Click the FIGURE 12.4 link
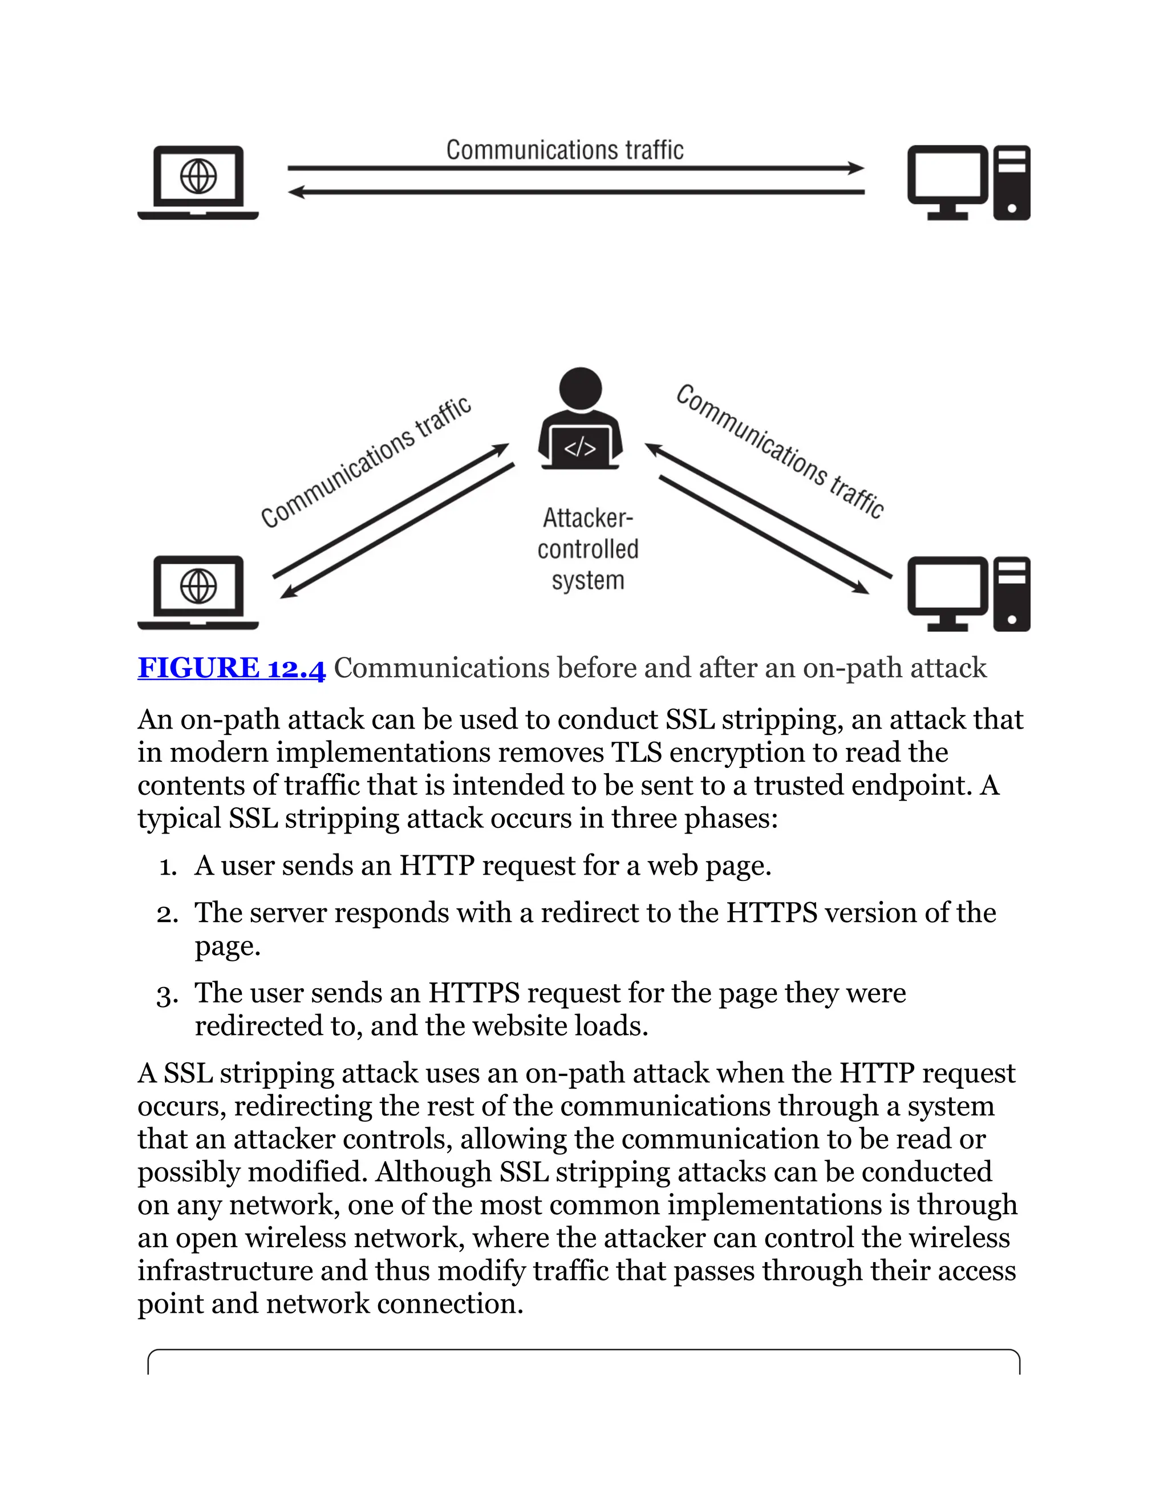[231, 668]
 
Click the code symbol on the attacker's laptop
[580, 448]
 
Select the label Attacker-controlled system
[587, 549]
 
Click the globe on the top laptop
[198, 176]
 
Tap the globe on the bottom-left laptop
[198, 587]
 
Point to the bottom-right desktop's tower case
[1012, 594]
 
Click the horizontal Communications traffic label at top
[565, 150]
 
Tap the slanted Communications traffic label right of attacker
[780, 451]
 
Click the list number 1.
[168, 867]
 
